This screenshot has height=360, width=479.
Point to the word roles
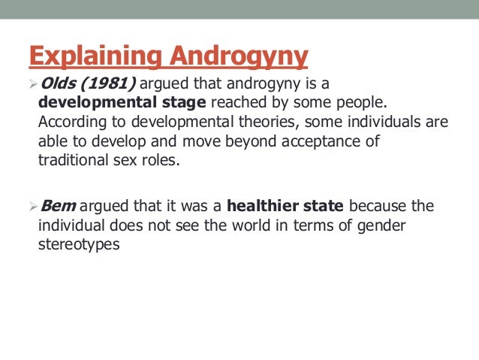(162, 160)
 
